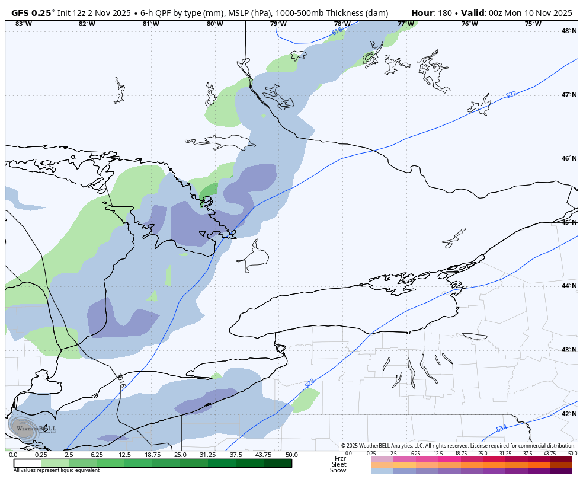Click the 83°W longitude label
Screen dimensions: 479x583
[x=23, y=24]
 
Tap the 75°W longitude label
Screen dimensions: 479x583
[x=533, y=24]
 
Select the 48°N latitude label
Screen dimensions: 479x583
[x=569, y=31]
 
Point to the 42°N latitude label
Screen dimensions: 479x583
[x=569, y=414]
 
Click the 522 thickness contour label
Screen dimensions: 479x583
[x=511, y=94]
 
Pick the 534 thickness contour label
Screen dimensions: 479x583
[x=501, y=428]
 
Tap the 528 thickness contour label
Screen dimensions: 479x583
[x=310, y=383]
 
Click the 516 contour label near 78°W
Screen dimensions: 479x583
[x=337, y=31]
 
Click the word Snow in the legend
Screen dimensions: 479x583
[x=338, y=471]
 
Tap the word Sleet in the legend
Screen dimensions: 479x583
[x=338, y=464]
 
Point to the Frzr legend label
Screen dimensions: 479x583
[x=339, y=458]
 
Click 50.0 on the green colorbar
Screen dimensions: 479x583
[x=291, y=455]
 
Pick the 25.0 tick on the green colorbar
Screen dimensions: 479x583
[x=180, y=455]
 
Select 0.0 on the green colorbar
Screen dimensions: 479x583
[x=13, y=455]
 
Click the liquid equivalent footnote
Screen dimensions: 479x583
[x=49, y=470]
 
